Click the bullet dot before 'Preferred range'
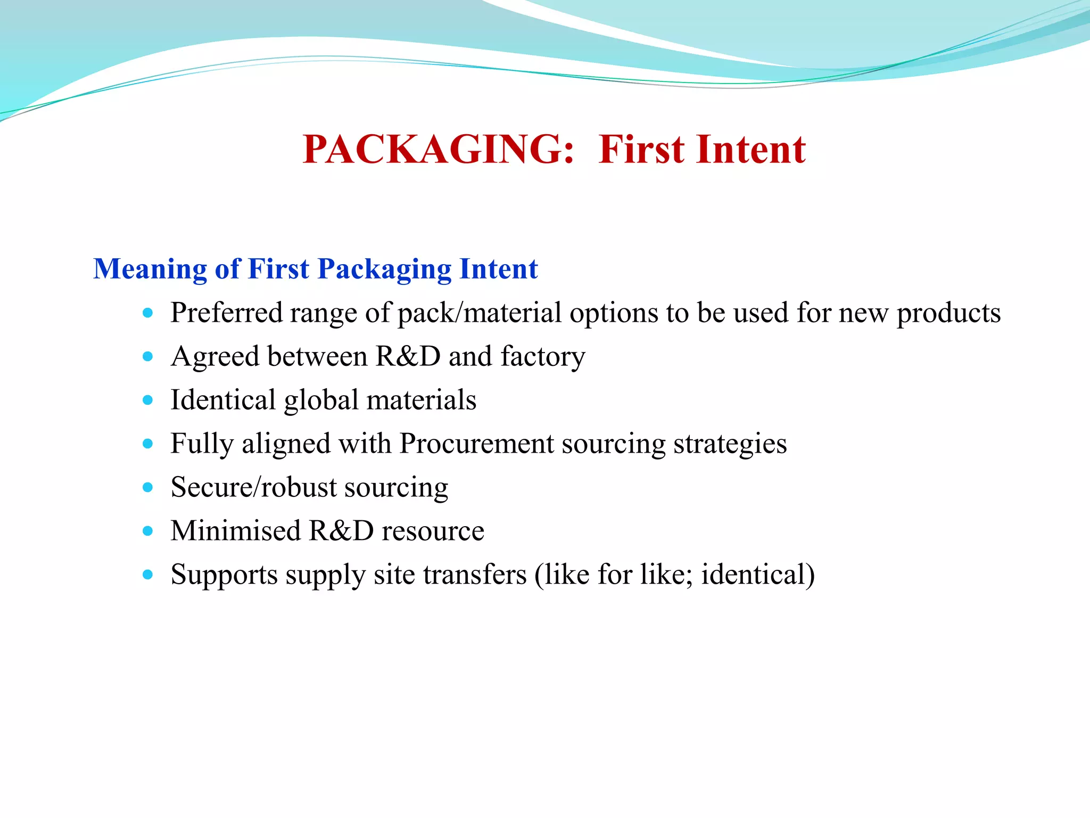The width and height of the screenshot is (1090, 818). [148, 313]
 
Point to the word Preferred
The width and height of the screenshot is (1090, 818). [226, 313]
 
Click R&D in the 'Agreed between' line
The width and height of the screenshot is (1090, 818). [408, 357]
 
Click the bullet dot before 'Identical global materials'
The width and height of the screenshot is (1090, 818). [148, 400]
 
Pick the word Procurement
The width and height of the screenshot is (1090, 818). [477, 444]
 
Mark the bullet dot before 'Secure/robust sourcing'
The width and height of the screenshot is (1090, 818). [148, 487]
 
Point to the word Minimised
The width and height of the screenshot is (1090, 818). [236, 531]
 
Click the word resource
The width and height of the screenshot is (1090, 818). [433, 532]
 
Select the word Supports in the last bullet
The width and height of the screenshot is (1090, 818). [224, 576]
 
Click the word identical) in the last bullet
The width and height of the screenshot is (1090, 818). [757, 575]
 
